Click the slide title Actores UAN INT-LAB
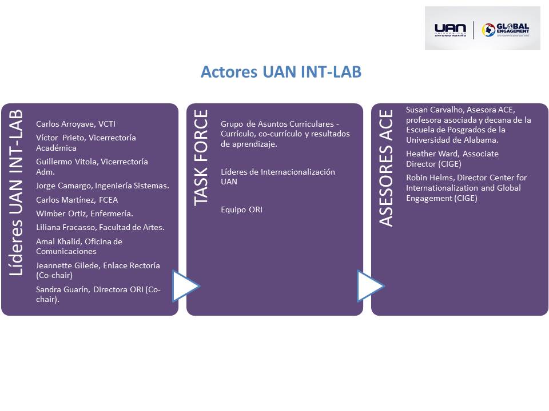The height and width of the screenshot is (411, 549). pos(281,72)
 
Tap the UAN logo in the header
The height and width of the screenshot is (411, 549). pos(450,29)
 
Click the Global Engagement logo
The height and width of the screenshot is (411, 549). pos(506,30)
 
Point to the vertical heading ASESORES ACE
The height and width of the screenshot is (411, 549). pos(386,168)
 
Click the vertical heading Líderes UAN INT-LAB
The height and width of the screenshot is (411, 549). pos(16,192)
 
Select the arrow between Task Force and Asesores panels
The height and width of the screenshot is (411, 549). pos(370,286)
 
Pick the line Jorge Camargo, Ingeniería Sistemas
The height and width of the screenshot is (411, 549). pos(102,186)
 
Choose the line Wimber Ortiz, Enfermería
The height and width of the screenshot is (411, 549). pos(85,213)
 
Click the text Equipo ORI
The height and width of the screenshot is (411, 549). pos(241,209)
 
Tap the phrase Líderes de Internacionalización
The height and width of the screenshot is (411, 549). pos(278,172)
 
